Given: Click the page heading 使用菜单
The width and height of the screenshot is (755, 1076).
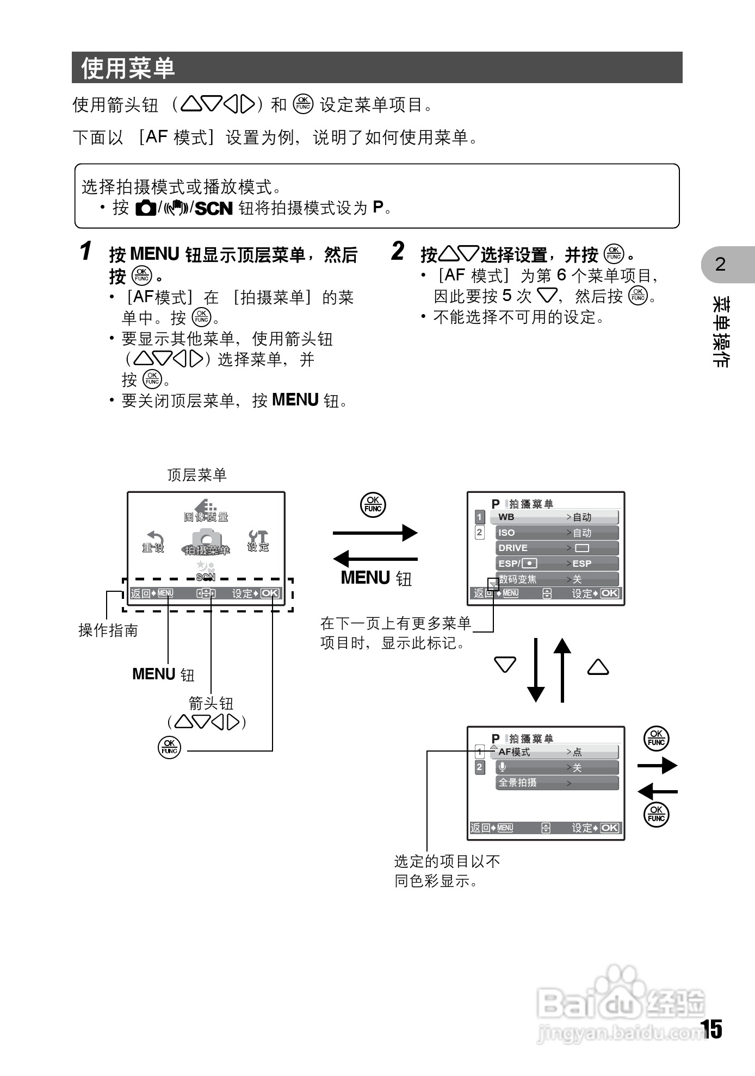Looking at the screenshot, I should click(x=128, y=68).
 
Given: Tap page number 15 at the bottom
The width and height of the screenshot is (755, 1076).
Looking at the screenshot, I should click(x=711, y=1029).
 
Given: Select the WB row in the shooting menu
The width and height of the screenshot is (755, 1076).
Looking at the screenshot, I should click(x=554, y=517).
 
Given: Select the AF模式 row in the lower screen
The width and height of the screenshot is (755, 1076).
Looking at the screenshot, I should click(x=554, y=752).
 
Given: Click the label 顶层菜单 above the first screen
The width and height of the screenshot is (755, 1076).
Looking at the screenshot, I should click(x=197, y=475).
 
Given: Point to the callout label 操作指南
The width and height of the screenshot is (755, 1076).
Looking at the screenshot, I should click(x=108, y=630).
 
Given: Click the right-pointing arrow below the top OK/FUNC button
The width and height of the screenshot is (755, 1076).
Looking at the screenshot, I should click(x=375, y=533).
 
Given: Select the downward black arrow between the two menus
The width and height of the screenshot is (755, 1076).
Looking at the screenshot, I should click(x=536, y=671).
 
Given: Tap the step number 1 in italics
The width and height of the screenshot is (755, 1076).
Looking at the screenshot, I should click(x=85, y=251).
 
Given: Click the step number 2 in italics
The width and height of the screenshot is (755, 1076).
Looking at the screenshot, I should click(x=398, y=251).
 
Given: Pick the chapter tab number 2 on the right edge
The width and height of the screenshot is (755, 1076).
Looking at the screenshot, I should click(x=720, y=264).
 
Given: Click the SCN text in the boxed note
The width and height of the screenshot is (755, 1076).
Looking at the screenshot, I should click(x=214, y=208).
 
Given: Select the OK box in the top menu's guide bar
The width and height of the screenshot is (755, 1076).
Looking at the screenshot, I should click(x=270, y=593).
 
